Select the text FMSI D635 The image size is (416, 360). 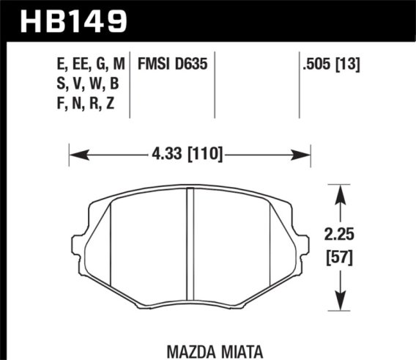click(173, 65)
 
